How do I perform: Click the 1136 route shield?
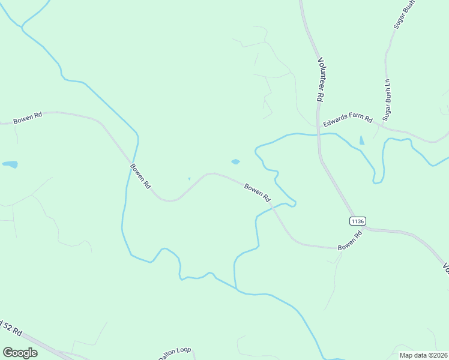click(x=357, y=221)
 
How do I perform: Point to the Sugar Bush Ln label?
click(x=387, y=100)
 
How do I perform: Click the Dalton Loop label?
click(x=174, y=353)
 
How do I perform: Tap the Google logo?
click(x=20, y=353)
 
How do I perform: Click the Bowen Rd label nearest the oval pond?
click(x=258, y=193)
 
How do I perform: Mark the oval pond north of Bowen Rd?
click(x=235, y=161)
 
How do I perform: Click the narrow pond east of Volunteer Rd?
click(x=361, y=140)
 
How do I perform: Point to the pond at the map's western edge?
click(x=10, y=164)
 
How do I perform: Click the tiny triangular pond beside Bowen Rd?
click(x=189, y=178)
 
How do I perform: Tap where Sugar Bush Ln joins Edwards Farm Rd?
click(x=379, y=125)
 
